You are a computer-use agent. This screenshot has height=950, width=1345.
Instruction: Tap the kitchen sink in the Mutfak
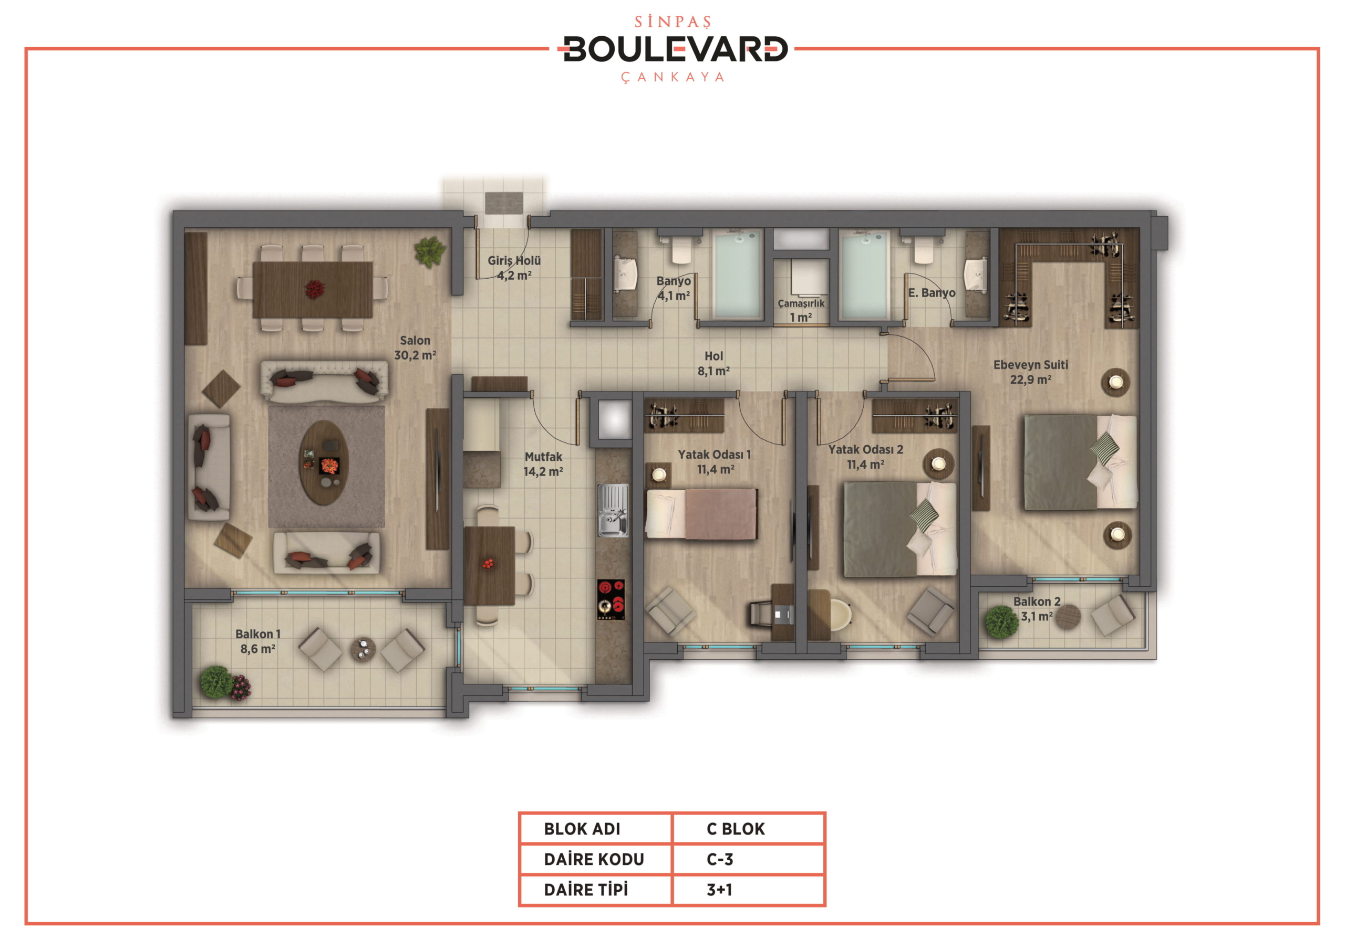point(613,510)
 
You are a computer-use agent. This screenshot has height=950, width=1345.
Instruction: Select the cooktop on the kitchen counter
point(611,599)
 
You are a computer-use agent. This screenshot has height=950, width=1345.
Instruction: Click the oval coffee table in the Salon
point(324,462)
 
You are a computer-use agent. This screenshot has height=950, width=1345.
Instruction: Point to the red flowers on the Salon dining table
point(315,289)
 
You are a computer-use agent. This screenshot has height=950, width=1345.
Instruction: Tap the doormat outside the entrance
point(504,203)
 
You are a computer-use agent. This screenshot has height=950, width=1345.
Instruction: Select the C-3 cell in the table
point(720,859)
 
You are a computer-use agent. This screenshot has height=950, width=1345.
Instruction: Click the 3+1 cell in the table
point(719,890)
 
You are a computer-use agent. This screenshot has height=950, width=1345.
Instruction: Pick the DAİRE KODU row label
point(594,859)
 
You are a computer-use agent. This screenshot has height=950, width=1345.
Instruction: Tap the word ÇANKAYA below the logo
point(672,77)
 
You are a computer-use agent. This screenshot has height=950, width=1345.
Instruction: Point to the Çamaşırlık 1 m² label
point(801,310)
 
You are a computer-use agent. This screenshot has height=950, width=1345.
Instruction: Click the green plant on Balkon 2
point(1001,621)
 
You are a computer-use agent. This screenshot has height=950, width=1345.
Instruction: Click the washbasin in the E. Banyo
point(976,274)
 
